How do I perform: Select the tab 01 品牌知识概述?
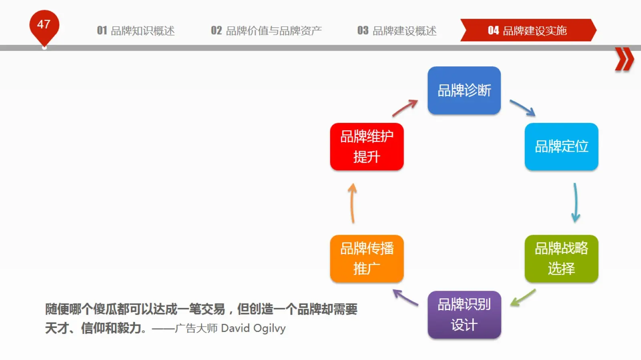pos(136,30)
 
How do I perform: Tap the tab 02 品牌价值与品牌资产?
pos(266,30)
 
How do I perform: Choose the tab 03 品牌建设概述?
pos(397,30)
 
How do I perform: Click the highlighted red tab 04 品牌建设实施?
pos(528,30)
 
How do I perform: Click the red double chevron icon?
pos(625,59)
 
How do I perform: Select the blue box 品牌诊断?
pos(464,91)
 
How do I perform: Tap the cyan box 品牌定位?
pos(561,147)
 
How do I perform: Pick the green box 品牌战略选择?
pos(561,259)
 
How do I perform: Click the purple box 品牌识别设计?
pos(464,314)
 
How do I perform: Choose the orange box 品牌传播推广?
pos(367,259)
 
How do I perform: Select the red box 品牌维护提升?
pos(367,147)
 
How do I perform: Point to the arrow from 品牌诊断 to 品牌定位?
pos(522,107)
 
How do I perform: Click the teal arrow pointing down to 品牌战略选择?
pos(576,203)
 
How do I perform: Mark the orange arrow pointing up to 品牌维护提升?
pos(352,203)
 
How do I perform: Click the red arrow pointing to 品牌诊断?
pos(405,108)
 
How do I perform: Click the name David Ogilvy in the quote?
pos(253,328)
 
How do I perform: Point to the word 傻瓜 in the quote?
pos(105,309)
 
